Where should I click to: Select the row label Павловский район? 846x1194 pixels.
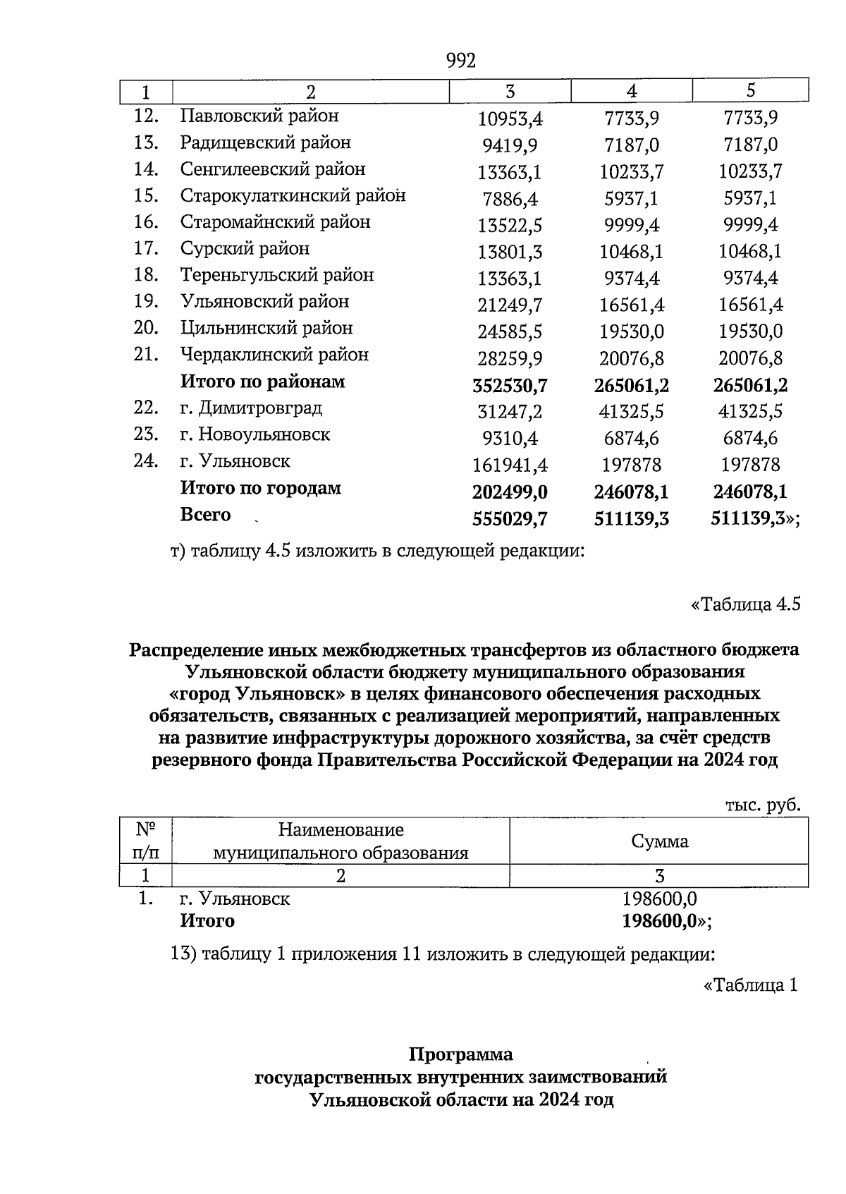(259, 115)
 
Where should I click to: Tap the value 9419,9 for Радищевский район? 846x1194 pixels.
(510, 146)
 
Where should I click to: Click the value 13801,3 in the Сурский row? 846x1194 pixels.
(510, 252)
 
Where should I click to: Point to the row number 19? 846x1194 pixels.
(145, 301)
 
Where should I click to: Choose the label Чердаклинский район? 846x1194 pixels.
(274, 355)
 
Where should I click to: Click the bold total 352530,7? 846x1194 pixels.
(510, 386)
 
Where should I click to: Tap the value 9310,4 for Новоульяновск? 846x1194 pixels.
(510, 439)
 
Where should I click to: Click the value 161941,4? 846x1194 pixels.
(510, 465)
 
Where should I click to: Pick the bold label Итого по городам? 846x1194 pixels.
(261, 488)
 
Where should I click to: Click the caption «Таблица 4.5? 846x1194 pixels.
(745, 604)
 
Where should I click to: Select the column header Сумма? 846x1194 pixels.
(659, 841)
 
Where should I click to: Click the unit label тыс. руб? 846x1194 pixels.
(763, 805)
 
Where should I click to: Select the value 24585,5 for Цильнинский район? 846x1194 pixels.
(510, 331)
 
